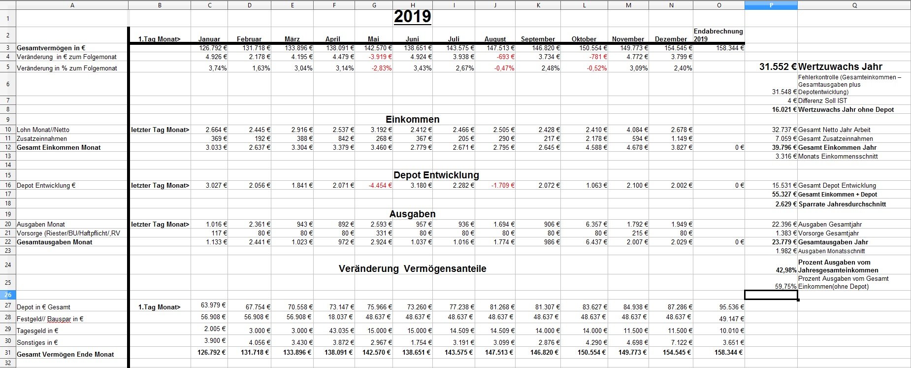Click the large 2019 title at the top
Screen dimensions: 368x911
point(412,17)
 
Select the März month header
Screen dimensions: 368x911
point(292,39)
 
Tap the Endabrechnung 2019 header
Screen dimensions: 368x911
point(718,35)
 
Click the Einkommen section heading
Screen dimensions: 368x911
point(412,120)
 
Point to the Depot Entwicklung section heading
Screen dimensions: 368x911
point(436,175)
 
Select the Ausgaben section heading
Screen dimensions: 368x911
point(412,214)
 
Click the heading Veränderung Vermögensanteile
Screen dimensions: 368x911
point(412,269)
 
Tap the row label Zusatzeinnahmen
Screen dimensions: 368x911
point(42,139)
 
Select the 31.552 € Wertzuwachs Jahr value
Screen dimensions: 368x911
point(778,67)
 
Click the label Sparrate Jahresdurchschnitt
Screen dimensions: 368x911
point(842,204)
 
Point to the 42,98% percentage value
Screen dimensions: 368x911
point(786,270)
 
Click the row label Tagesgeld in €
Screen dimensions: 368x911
point(37,331)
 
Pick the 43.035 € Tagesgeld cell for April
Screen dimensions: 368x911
point(341,331)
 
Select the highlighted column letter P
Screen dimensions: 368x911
point(771,5)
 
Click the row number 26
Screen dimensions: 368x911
point(8,295)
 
